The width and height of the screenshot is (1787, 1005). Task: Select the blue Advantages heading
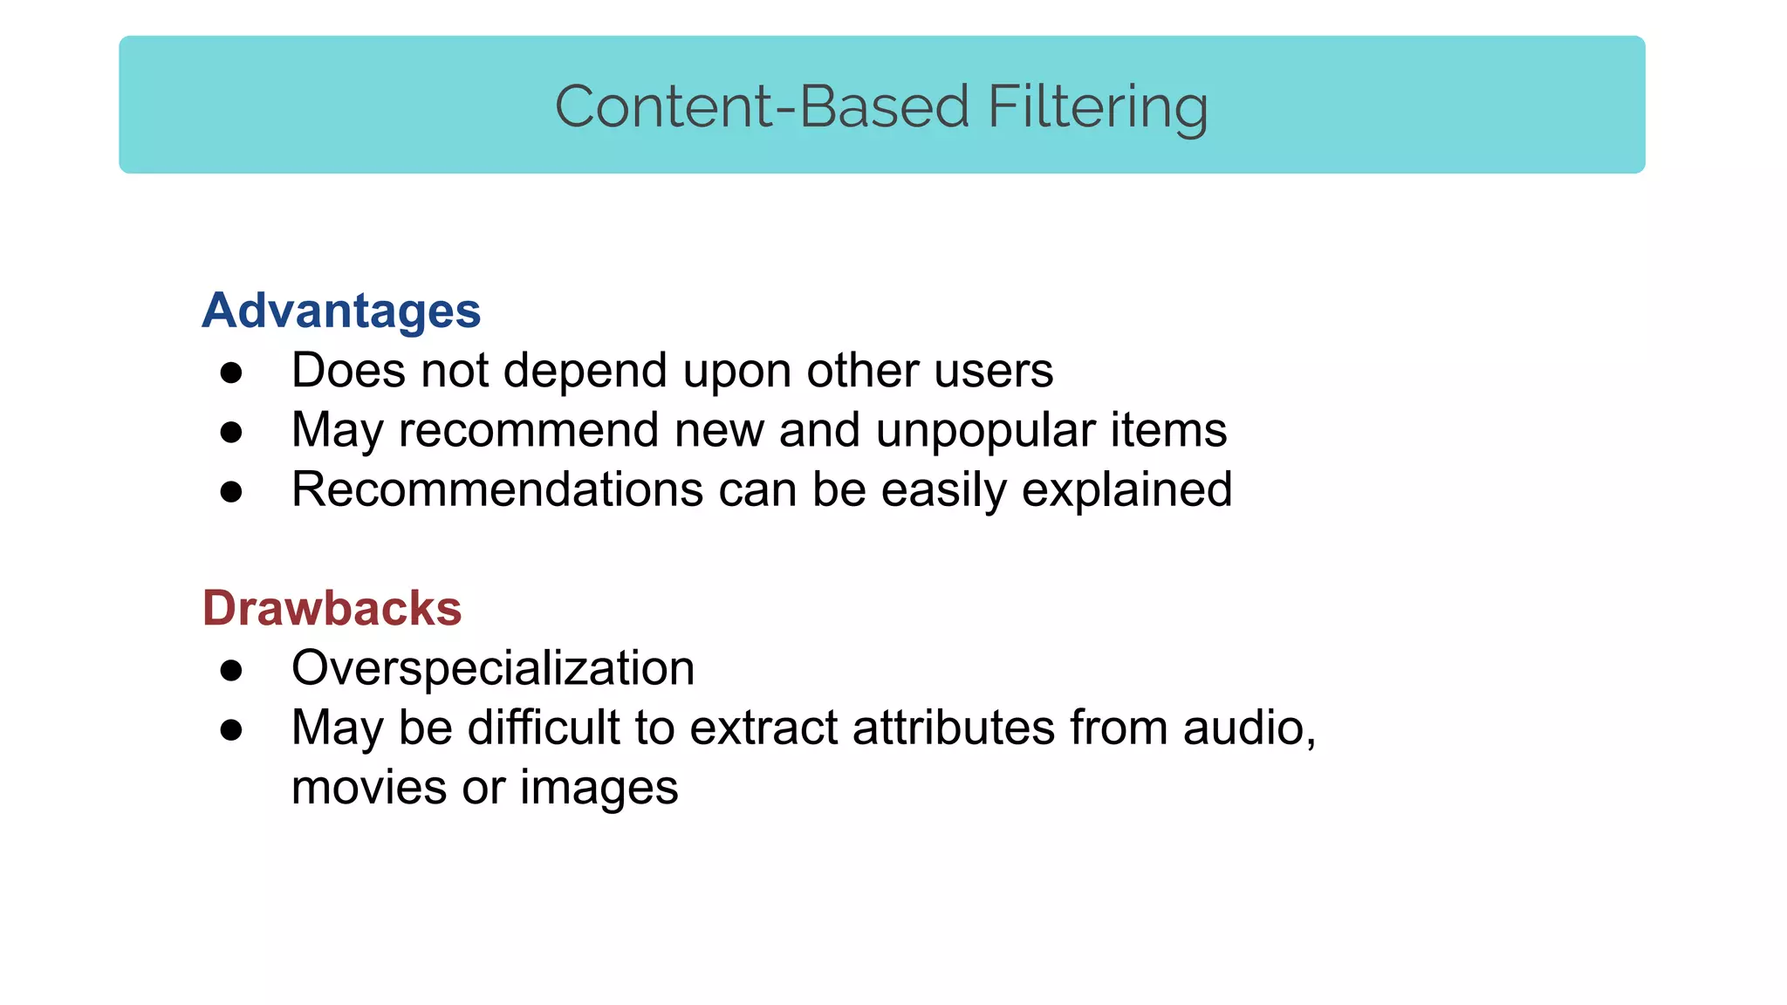pos(341,311)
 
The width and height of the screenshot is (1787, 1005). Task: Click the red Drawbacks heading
pos(332,608)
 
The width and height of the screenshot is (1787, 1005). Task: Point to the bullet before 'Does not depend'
pos(231,373)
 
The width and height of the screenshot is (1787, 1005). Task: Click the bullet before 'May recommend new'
pos(231,433)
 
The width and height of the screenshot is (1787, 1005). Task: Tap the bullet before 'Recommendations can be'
pos(231,492)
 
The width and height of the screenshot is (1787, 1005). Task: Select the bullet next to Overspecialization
pos(231,671)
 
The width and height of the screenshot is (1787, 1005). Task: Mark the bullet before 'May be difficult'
pos(231,730)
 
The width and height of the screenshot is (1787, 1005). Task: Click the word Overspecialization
pos(493,668)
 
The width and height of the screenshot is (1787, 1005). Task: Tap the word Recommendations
pos(497,489)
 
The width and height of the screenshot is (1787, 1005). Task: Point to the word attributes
pos(953,728)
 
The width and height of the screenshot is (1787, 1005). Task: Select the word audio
pos(1247,728)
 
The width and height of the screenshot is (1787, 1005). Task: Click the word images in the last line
pos(599,788)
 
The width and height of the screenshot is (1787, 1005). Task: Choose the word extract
pos(763,728)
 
